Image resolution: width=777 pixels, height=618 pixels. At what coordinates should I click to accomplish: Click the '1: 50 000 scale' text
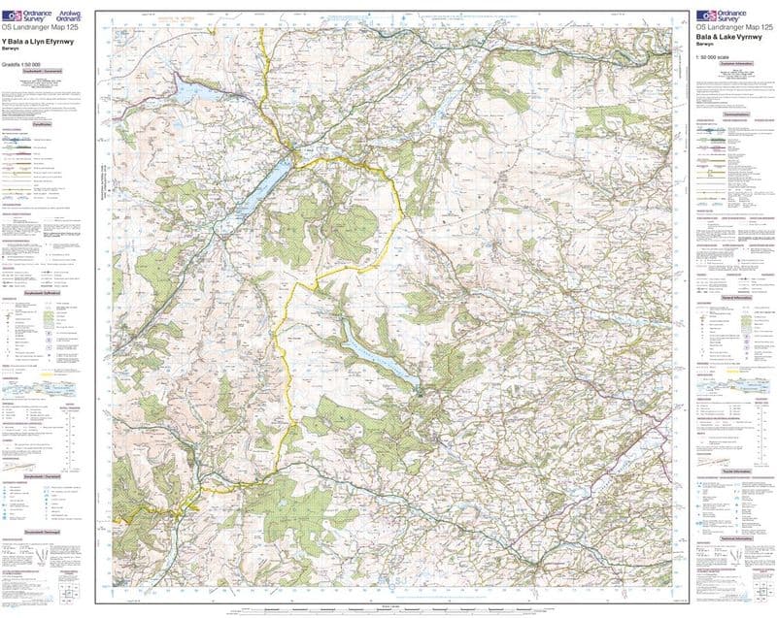pyautogui.click(x=715, y=59)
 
